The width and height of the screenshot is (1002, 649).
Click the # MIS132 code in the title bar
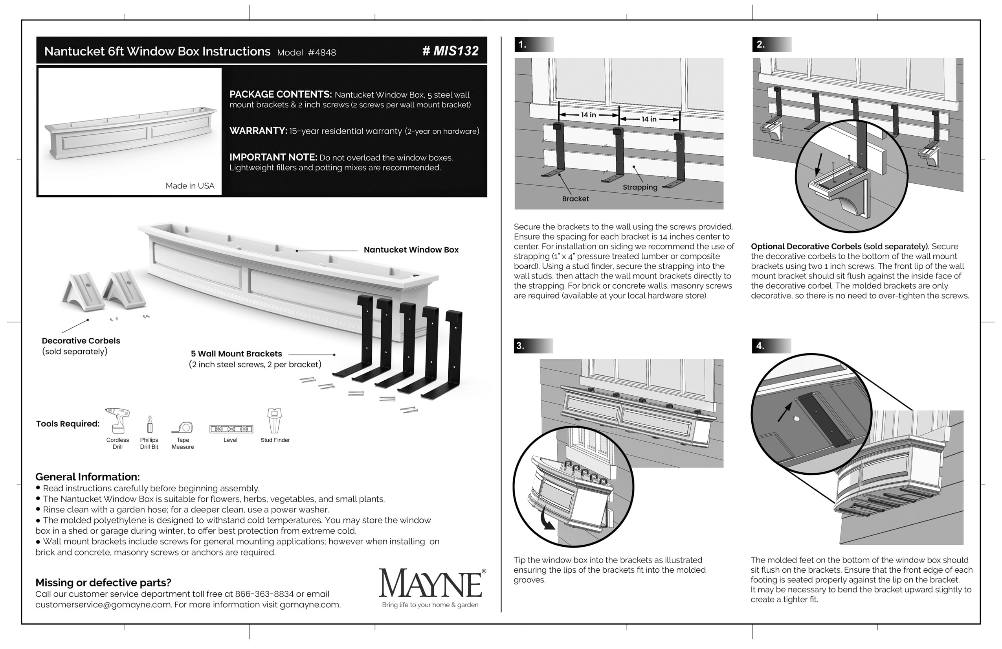[x=450, y=51]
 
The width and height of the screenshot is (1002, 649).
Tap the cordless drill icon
[x=117, y=420]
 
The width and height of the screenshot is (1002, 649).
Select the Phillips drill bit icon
[x=149, y=424]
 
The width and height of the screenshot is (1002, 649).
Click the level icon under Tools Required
[x=231, y=429]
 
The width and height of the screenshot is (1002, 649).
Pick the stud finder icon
[x=275, y=420]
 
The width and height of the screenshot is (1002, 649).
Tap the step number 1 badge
[x=523, y=44]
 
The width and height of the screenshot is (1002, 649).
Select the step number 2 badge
[x=760, y=44]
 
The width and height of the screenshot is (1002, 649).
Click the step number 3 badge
[x=521, y=346]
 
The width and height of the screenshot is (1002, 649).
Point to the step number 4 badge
[x=760, y=346]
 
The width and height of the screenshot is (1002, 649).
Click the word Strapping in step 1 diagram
[x=640, y=187]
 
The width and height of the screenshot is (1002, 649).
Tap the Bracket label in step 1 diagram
[x=575, y=199]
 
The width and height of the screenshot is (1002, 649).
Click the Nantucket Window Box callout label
[x=411, y=249]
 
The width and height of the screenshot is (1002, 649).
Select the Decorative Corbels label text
[x=81, y=341]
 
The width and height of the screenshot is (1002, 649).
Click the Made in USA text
[x=190, y=186]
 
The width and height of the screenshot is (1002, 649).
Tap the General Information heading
[x=88, y=477]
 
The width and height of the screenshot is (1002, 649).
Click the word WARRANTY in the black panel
[x=258, y=131]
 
